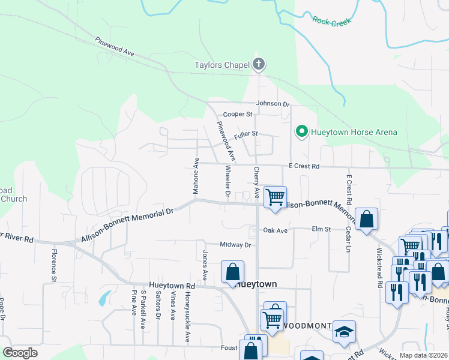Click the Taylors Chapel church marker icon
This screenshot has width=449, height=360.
[x=259, y=65]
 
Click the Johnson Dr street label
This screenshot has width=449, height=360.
[x=273, y=104]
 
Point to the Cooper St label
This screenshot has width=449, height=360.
[x=235, y=114]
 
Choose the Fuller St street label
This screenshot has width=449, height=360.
[x=246, y=134]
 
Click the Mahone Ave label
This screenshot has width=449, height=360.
[x=196, y=176]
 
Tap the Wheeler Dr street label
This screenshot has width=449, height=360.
[x=228, y=181]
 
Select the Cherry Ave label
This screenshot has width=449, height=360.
[x=256, y=183]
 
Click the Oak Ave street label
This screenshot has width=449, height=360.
[x=276, y=230]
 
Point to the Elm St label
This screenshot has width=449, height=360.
[x=321, y=229]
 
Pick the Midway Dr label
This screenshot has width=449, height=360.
[x=235, y=244]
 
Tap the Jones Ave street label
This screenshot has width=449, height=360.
[x=204, y=265]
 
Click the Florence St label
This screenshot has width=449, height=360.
[x=53, y=265]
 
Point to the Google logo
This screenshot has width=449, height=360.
[x=20, y=353]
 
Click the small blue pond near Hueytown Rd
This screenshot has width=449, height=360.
[x=103, y=297]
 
